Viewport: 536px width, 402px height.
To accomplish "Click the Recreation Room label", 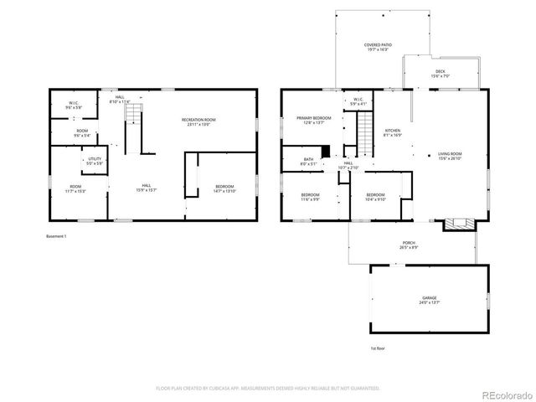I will (198, 122).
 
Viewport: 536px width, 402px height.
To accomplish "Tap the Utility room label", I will (95, 161).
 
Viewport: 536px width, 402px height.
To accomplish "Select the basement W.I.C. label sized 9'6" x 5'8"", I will (74, 106).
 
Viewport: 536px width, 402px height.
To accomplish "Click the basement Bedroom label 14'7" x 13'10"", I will (224, 188).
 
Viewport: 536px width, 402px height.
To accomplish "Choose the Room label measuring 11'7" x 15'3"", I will (75, 188).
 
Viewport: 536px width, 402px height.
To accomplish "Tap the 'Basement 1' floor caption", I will (57, 237).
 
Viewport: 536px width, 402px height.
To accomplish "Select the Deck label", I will (440, 74).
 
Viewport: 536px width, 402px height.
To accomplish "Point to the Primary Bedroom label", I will (314, 121).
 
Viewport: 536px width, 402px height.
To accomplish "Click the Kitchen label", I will (393, 133).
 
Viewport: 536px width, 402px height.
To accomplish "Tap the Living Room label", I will (451, 157).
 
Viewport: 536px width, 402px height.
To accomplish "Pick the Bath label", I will (309, 162).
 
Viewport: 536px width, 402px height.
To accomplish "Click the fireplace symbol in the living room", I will (457, 224).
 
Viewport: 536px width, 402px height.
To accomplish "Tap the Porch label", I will (410, 245).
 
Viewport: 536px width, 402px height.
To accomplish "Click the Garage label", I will (430, 300).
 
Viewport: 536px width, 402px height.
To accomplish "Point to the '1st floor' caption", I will (378, 348).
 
